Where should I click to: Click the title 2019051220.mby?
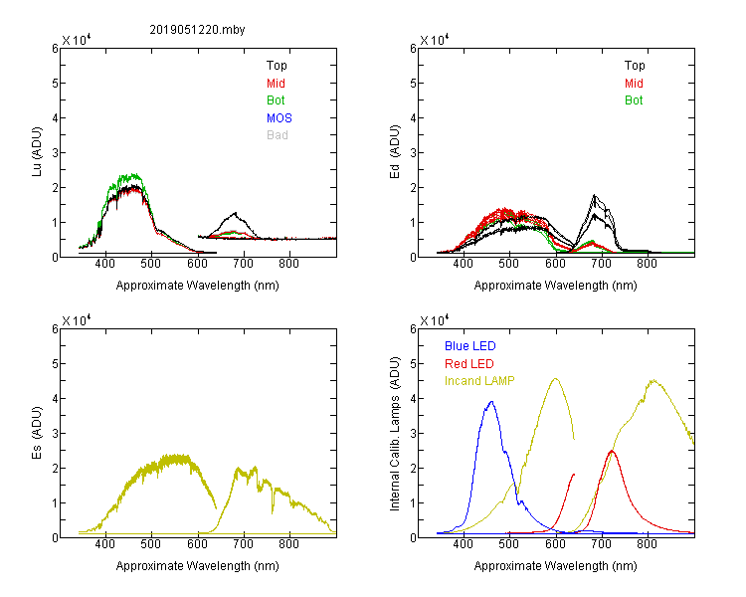[x=197, y=30]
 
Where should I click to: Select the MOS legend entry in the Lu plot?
[x=280, y=118]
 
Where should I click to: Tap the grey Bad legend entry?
[x=277, y=135]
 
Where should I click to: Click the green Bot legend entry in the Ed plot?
[x=634, y=100]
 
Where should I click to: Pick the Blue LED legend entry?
[x=470, y=346]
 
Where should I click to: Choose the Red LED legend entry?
[x=469, y=364]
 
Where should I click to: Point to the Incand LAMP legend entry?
[x=479, y=381]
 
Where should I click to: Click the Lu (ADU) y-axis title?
[x=37, y=151]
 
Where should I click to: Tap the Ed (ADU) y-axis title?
[x=395, y=151]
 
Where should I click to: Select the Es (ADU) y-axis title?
[x=37, y=432]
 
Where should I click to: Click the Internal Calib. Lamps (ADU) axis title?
[x=395, y=434]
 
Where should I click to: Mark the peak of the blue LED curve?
[x=491, y=402]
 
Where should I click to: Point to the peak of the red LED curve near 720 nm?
[x=612, y=451]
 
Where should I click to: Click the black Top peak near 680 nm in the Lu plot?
[x=235, y=213]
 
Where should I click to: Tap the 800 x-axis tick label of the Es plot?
[x=288, y=544]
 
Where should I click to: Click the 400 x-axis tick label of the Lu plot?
[x=105, y=264]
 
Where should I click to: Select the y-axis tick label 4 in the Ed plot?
[x=413, y=118]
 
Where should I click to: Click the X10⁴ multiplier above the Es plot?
[x=77, y=320]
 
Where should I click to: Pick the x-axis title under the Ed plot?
[x=555, y=286]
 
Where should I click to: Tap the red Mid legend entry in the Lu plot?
[x=276, y=84]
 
